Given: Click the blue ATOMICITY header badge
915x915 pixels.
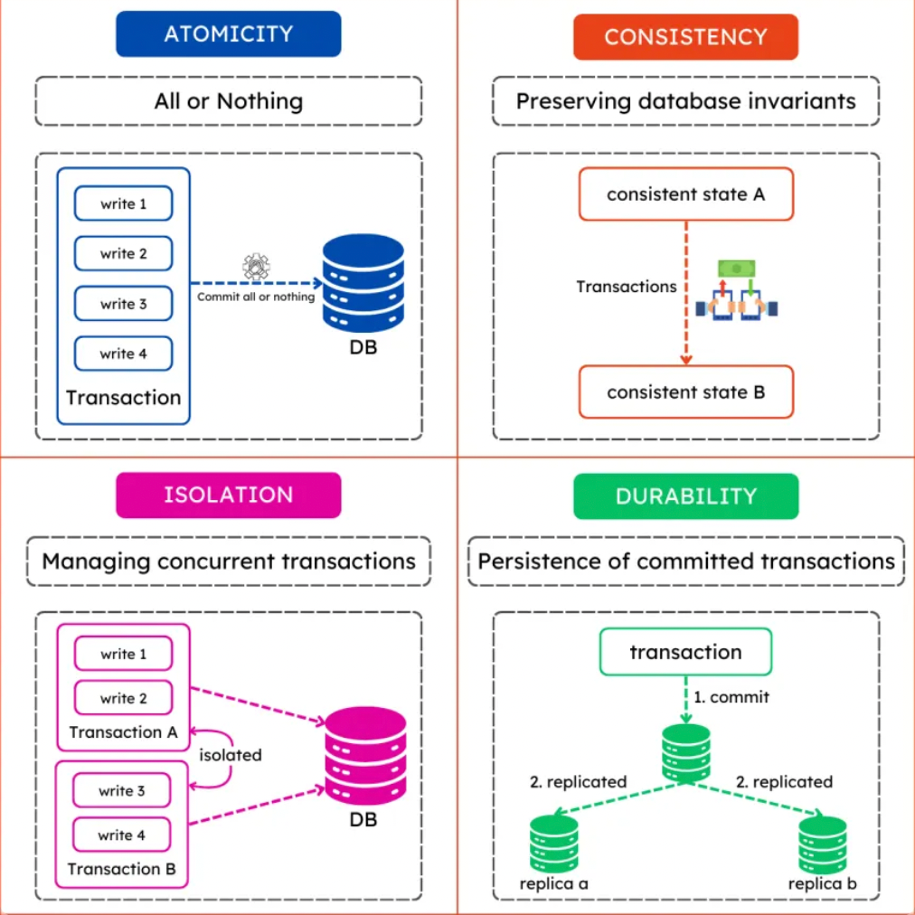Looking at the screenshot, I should coord(228,34).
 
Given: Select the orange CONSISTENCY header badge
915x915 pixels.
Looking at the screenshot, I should coord(685,37).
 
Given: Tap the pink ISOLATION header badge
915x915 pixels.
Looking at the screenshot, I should coord(228,495).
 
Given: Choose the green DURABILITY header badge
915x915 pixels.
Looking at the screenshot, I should coord(685,496).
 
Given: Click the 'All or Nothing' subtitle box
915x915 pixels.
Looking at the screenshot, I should coord(228,100).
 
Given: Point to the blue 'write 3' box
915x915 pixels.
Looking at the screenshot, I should coord(123,304).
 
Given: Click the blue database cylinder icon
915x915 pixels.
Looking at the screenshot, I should coord(363,283).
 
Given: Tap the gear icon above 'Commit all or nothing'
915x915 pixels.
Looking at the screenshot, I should coord(257,268).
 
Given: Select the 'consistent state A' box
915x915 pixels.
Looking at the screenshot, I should coord(685,194).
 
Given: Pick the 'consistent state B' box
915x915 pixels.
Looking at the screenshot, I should coord(685,392).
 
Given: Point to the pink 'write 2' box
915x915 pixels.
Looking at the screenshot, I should coord(123,698).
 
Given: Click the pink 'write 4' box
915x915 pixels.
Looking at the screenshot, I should coord(121,835).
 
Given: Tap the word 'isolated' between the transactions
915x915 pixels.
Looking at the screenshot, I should coord(231,754).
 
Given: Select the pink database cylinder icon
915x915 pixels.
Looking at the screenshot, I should coord(365,757).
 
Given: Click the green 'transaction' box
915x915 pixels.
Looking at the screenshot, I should coord(685,652).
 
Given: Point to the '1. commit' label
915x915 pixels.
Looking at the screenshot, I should coord(731,697).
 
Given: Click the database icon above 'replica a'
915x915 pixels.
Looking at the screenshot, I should coord(553,843).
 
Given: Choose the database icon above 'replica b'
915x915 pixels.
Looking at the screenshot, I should coord(822,844).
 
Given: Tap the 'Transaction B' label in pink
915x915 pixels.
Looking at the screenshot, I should coord(122,870).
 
